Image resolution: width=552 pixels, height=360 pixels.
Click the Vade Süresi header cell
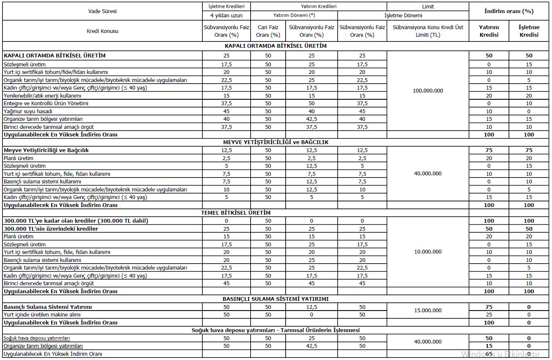[x=102, y=11]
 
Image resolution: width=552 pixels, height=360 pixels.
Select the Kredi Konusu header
[x=102, y=31]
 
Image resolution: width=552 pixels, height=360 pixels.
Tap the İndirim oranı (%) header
[x=509, y=11]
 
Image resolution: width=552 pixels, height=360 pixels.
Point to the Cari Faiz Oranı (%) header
[x=268, y=31]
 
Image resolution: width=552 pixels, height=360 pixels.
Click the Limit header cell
[x=428, y=7]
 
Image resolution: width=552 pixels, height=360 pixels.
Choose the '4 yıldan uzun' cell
[x=226, y=16]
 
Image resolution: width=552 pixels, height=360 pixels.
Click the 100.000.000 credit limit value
[x=428, y=91]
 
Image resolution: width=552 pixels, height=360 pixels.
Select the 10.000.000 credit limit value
[x=428, y=252]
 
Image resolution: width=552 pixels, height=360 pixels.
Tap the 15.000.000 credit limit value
[x=428, y=311]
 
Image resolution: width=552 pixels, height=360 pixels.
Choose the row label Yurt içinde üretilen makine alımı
[x=42, y=315]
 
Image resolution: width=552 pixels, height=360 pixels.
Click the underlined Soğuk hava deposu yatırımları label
[x=37, y=338]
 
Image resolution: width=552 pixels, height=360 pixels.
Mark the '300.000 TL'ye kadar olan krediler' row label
[x=76, y=221]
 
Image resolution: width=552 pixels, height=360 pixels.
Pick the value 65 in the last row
[x=489, y=354]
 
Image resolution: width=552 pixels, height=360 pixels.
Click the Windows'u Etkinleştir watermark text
[x=500, y=354]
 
